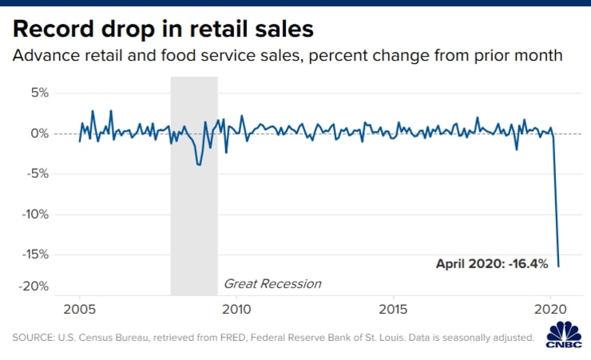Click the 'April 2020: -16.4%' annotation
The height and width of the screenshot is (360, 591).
pyautogui.click(x=491, y=263)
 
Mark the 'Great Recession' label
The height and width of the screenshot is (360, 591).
pyautogui.click(x=272, y=283)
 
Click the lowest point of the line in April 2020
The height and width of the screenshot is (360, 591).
pyautogui.click(x=558, y=266)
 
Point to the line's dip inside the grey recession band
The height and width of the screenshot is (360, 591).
pyautogui.click(x=199, y=164)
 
